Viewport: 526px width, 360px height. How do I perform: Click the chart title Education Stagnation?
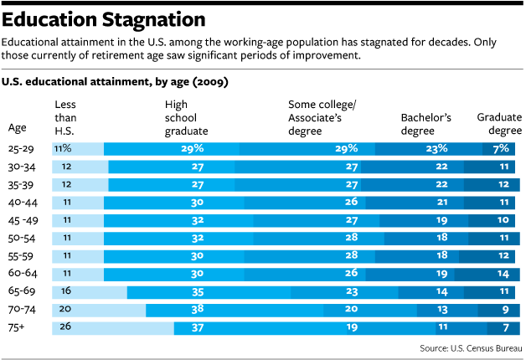click(x=104, y=19)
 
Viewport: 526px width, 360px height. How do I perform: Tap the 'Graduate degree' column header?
click(x=499, y=124)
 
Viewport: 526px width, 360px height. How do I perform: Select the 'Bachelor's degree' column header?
click(x=425, y=124)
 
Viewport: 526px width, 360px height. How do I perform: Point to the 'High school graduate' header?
click(x=186, y=118)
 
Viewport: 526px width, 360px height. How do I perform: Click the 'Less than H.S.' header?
click(x=65, y=118)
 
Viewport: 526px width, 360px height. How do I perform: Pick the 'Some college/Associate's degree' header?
click(x=322, y=118)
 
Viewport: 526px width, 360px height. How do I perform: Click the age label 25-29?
click(x=21, y=149)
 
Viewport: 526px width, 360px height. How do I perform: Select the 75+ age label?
click(x=16, y=327)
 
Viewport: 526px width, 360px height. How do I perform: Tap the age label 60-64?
click(x=23, y=273)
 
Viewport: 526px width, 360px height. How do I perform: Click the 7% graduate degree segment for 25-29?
click(x=498, y=149)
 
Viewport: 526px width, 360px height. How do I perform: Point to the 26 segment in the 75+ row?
click(x=113, y=328)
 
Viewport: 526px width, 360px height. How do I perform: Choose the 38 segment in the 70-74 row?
click(x=235, y=311)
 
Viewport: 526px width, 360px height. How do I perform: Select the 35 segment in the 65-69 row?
click(x=209, y=292)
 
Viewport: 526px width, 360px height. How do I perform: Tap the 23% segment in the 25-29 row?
click(x=429, y=149)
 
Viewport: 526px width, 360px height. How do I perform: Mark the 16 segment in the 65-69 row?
click(x=90, y=292)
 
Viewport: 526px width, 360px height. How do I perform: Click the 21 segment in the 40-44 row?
click(x=415, y=203)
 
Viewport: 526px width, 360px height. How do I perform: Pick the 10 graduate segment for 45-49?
click(x=492, y=220)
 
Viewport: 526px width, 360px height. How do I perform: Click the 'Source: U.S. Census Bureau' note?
click(x=471, y=348)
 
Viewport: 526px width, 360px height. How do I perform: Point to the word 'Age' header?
click(x=17, y=128)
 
